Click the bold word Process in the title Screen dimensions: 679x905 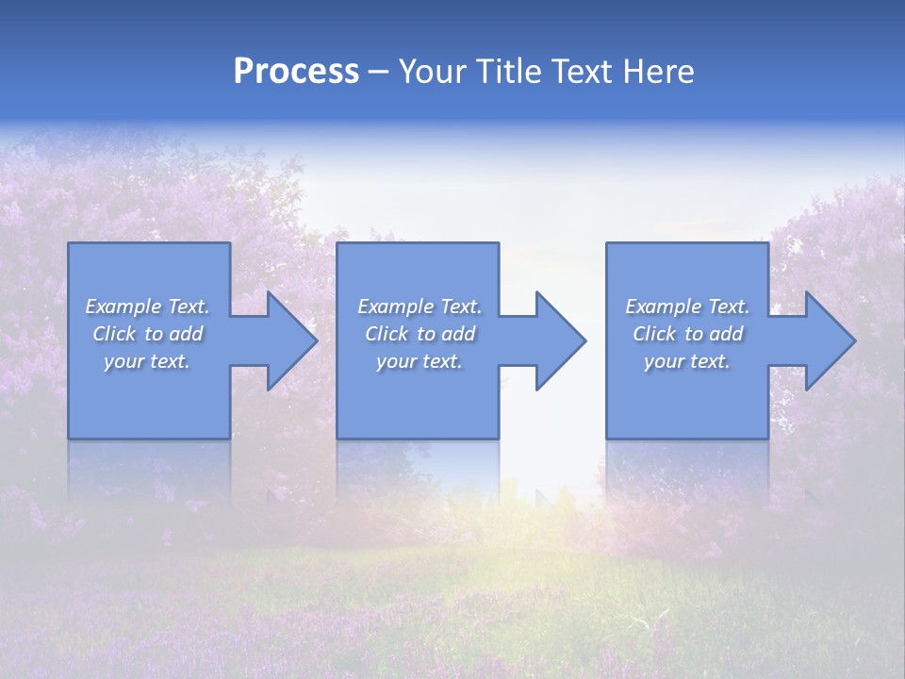pyautogui.click(x=296, y=72)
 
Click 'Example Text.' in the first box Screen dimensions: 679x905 pyautogui.click(x=147, y=306)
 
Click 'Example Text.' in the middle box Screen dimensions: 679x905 pyautogui.click(x=420, y=306)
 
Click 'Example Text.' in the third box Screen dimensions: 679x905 pyautogui.click(x=687, y=306)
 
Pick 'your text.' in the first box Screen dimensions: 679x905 pyautogui.click(x=147, y=361)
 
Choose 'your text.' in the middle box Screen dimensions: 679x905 pyautogui.click(x=420, y=361)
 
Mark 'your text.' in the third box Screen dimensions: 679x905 pyautogui.click(x=687, y=361)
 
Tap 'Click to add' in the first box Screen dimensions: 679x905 pyautogui.click(x=147, y=334)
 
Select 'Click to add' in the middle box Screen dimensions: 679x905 pyautogui.click(x=420, y=334)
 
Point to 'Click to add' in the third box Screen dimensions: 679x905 pyautogui.click(x=687, y=334)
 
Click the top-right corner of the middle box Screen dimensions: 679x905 pyautogui.click(x=498, y=244)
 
